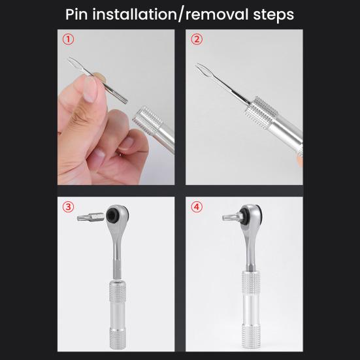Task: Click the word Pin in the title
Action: tap(80, 14)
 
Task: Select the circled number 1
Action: tap(69, 39)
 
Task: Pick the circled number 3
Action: tap(69, 207)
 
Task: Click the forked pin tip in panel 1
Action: tap(74, 62)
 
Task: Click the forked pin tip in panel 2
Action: tap(204, 67)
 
